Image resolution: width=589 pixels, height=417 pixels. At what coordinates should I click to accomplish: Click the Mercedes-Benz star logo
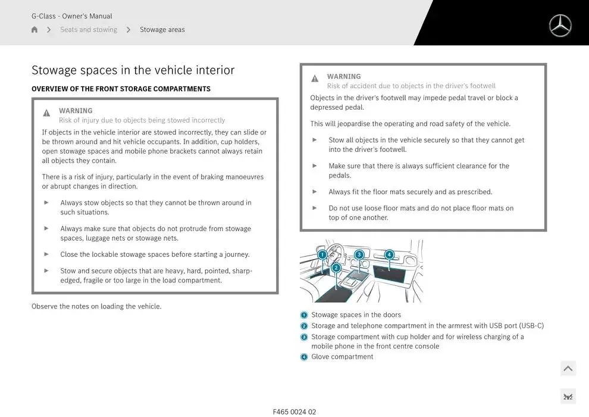coord(560,26)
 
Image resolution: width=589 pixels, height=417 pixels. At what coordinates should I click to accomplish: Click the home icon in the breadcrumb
coord(35,30)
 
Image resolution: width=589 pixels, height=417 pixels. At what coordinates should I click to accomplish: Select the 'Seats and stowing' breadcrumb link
coord(89,30)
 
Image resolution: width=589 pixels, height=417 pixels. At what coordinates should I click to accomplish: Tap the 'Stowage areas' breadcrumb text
coord(162,30)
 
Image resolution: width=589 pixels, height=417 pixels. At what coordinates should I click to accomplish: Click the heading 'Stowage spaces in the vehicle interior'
coord(133,70)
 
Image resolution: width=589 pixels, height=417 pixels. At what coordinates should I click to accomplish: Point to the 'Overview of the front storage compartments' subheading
coord(121,89)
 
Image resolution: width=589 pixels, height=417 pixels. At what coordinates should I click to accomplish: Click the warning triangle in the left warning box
coord(46,113)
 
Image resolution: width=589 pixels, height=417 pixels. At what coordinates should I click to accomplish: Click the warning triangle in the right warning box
coord(315,79)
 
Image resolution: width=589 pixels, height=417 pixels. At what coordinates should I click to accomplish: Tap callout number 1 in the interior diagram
coord(322,255)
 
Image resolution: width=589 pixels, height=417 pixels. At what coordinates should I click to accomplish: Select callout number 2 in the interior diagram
coord(336,268)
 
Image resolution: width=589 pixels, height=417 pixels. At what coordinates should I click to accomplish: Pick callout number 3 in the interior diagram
coord(359,254)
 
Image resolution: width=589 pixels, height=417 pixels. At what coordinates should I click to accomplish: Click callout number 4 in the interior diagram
coord(389,255)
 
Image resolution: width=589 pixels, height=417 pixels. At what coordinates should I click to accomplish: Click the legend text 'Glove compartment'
coord(342,357)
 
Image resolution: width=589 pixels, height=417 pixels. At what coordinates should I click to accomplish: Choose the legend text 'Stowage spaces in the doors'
coord(356,315)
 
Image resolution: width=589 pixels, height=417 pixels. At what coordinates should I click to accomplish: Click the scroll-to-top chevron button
coord(568,369)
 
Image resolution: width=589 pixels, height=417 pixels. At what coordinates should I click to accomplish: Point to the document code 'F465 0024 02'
coord(294,412)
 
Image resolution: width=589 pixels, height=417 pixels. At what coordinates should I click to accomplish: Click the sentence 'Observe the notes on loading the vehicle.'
coord(96,307)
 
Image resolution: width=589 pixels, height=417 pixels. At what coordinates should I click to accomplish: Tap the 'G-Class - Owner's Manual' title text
coord(72,16)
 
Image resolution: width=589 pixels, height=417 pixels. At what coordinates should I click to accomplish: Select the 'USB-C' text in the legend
coord(531,326)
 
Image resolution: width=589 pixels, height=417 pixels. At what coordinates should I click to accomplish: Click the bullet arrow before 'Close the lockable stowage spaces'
coord(46,254)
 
